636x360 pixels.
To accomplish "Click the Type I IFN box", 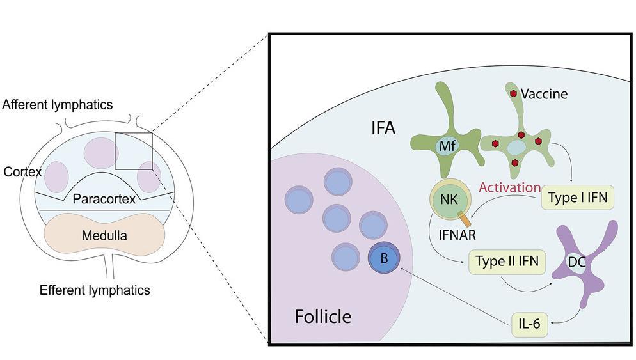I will (x=577, y=198).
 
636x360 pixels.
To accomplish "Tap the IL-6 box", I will (x=528, y=324).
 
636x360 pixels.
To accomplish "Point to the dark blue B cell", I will (x=383, y=258).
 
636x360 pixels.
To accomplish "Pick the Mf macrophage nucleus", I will (x=445, y=148).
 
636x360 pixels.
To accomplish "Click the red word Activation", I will (x=510, y=187).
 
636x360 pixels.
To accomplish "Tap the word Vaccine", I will (x=545, y=94).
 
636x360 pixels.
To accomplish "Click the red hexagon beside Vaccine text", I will (x=513, y=93).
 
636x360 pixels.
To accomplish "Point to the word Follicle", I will (x=322, y=316).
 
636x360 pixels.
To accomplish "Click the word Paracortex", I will (x=104, y=199).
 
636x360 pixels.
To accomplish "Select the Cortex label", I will (x=22, y=172).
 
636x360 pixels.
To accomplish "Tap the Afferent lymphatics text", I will (x=58, y=104).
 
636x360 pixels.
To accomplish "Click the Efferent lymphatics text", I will (x=95, y=290).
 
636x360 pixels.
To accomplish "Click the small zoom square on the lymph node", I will (x=134, y=151).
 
